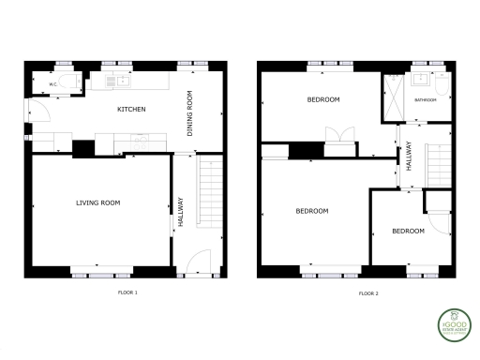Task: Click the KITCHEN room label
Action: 130,110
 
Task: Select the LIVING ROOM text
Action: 97,202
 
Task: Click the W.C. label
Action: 52,85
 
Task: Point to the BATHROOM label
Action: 427,98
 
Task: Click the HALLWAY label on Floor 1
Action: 180,213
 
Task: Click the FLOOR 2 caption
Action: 368,293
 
